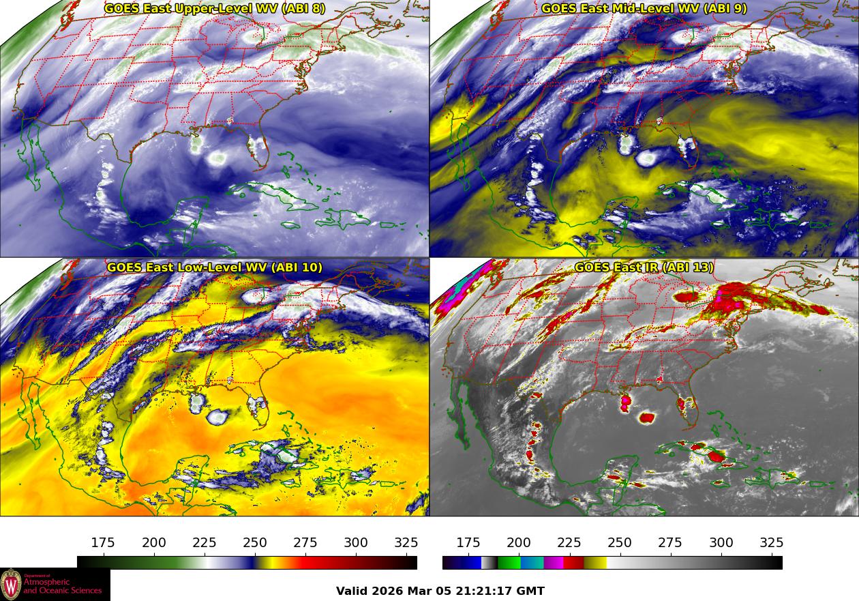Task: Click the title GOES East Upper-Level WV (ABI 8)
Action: point(215,9)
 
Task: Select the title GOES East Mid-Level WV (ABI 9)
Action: point(644,9)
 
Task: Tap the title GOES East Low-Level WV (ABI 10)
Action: point(215,267)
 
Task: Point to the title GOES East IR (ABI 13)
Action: point(644,267)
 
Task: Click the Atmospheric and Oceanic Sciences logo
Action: point(55,585)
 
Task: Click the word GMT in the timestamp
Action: point(531,591)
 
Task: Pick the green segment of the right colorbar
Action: point(509,563)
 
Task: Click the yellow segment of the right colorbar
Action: point(595,563)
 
